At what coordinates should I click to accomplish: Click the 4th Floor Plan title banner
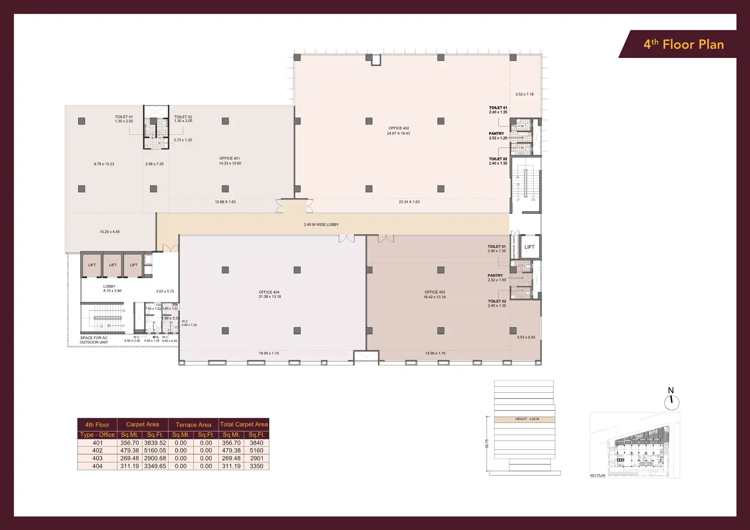pos(683,45)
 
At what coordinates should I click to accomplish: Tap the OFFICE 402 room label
pos(398,131)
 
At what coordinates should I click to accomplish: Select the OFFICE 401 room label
pos(230,161)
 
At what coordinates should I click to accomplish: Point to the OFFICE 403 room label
pos(434,294)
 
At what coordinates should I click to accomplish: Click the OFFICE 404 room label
pos(269,294)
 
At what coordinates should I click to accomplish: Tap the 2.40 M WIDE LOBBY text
pos(321,225)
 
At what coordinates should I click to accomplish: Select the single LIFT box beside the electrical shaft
pos(529,247)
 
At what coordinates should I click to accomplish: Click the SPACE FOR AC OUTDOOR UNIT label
pos(94,340)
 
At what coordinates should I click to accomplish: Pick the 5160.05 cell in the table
pos(155,451)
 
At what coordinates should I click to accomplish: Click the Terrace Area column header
pos(193,425)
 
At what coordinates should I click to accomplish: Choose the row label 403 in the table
pos(97,458)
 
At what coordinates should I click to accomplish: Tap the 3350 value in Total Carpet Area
pos(256,466)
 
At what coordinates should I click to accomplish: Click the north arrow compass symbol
pos(671,402)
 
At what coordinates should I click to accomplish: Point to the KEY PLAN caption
pos(597,475)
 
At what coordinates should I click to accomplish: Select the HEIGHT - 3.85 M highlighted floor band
pos(526,419)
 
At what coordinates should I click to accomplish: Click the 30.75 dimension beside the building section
pos(487,444)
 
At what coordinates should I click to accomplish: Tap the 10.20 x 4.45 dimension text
pos(110,232)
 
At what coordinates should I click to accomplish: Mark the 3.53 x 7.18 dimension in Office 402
pos(524,94)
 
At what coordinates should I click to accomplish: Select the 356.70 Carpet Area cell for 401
pos(129,443)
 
